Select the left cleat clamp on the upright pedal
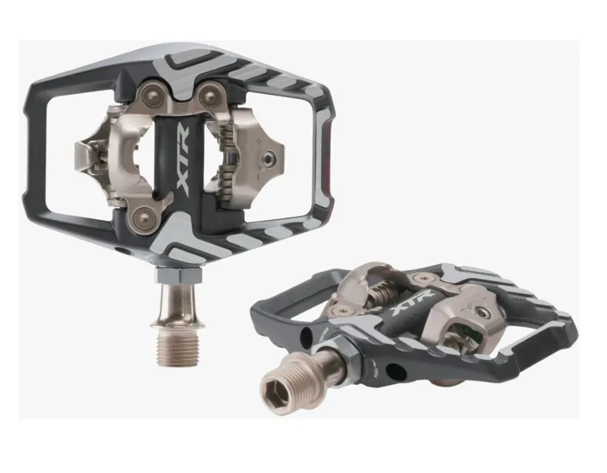coord(90,156)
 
